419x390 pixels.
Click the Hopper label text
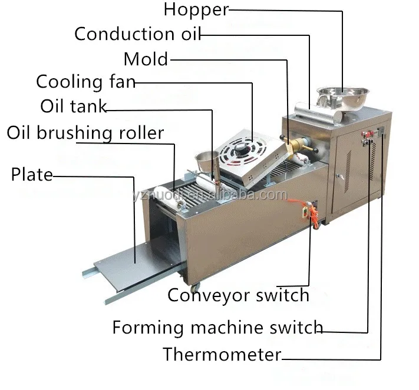pyautogui.click(x=196, y=10)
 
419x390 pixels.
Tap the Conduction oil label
pyautogui.click(x=137, y=34)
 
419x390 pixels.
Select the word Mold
pyautogui.click(x=146, y=59)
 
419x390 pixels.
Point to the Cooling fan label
pyautogui.click(x=86, y=82)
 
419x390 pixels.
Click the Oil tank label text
pyautogui.click(x=74, y=106)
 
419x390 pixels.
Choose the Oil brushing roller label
pyautogui.click(x=85, y=132)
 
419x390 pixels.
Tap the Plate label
pyautogui.click(x=32, y=175)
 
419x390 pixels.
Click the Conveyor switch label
pyautogui.click(x=238, y=295)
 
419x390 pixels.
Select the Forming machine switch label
pyautogui.click(x=217, y=327)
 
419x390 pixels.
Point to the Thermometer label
pyautogui.click(x=222, y=354)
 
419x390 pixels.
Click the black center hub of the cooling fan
pyautogui.click(x=242, y=149)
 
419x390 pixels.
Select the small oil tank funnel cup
pyautogui.click(x=207, y=161)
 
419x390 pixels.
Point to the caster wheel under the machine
pyautogui.click(x=195, y=288)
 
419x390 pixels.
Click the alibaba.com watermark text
pyautogui.click(x=210, y=195)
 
